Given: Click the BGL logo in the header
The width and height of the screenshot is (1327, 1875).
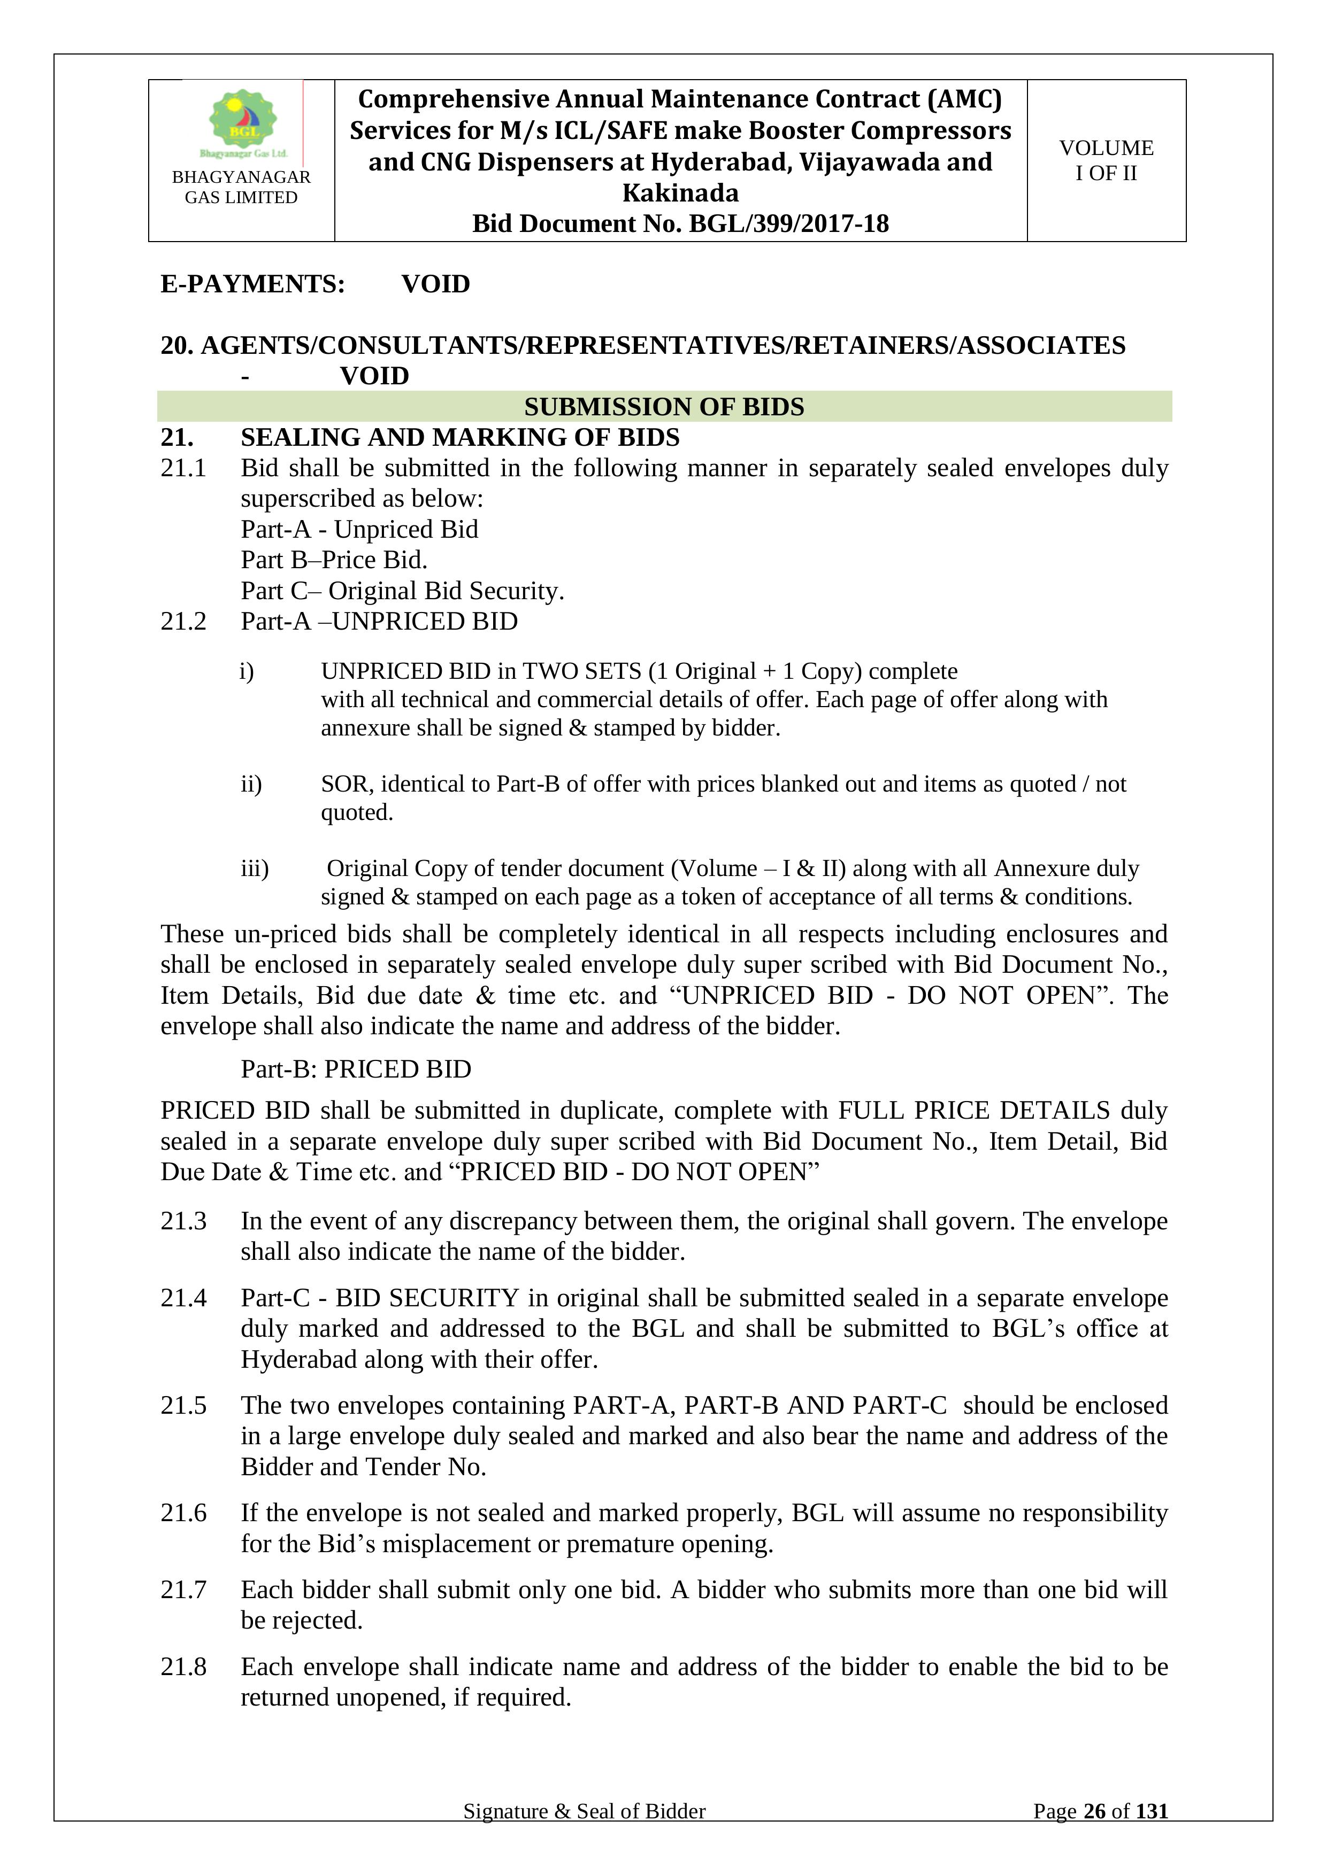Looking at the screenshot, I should [243, 122].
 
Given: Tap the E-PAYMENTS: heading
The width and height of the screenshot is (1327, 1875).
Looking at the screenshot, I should [252, 284].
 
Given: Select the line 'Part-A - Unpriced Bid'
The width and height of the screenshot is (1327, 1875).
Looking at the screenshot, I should [359, 529].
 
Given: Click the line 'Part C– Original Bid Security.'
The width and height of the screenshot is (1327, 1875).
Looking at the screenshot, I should [402, 591].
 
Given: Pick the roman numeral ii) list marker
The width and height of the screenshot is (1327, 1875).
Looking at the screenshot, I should [251, 784].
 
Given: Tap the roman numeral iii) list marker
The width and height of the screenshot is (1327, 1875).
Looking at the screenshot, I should [254, 868].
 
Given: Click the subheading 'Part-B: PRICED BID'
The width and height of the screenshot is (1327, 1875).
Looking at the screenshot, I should [356, 1069].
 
